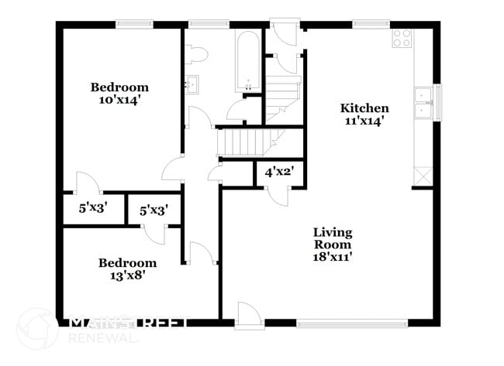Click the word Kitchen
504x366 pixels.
pyautogui.click(x=364, y=108)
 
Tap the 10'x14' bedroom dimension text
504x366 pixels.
pyautogui.click(x=119, y=100)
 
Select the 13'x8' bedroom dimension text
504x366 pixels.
pyautogui.click(x=127, y=275)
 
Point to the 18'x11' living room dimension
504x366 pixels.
pyautogui.click(x=333, y=256)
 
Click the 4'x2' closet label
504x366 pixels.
pyautogui.click(x=278, y=172)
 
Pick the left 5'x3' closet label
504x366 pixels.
pyautogui.click(x=93, y=208)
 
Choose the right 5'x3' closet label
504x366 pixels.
pyautogui.click(x=154, y=210)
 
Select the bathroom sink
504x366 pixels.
pyautogui.click(x=191, y=83)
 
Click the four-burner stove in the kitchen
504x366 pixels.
pyautogui.click(x=402, y=39)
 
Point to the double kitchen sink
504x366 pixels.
pyautogui.click(x=423, y=103)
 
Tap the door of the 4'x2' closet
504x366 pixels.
pyautogui.click(x=277, y=194)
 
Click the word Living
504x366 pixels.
pyautogui.click(x=333, y=232)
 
